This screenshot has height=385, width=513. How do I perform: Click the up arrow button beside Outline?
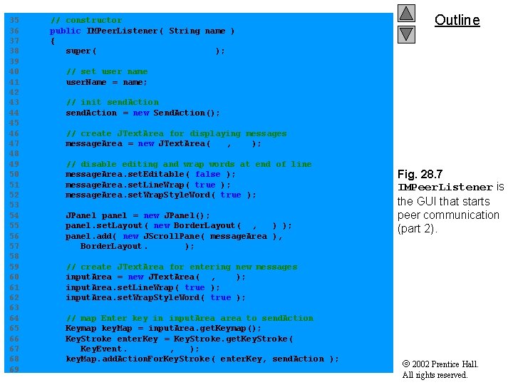(406, 13)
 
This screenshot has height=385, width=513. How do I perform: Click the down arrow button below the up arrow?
(406, 33)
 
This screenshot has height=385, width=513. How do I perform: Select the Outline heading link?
(457, 20)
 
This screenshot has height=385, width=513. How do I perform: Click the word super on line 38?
(78, 51)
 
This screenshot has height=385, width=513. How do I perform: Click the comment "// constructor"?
(85, 20)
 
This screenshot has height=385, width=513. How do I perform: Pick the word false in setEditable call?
(207, 174)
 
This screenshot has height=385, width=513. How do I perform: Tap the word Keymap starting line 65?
(81, 328)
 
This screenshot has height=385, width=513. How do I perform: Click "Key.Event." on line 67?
(103, 349)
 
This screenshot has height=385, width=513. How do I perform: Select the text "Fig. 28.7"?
(421, 174)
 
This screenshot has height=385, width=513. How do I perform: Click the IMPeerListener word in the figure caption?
(445, 188)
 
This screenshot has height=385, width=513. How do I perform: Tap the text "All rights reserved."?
(435, 375)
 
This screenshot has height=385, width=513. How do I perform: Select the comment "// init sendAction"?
(112, 102)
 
